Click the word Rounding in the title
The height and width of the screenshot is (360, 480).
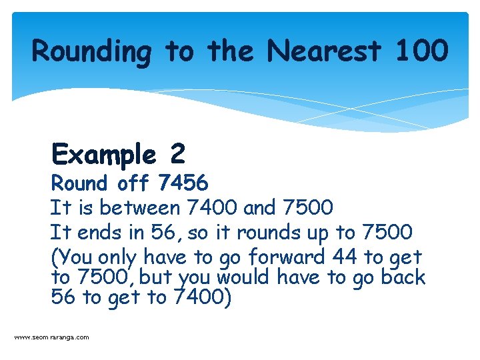[92, 51]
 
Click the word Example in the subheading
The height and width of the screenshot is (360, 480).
[103, 155]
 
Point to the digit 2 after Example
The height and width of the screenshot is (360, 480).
[177, 155]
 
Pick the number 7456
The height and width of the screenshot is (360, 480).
[183, 182]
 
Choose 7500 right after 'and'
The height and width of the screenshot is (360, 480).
[308, 207]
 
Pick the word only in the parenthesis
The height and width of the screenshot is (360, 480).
[117, 257]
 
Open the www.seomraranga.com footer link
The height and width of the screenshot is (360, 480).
[51, 337]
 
